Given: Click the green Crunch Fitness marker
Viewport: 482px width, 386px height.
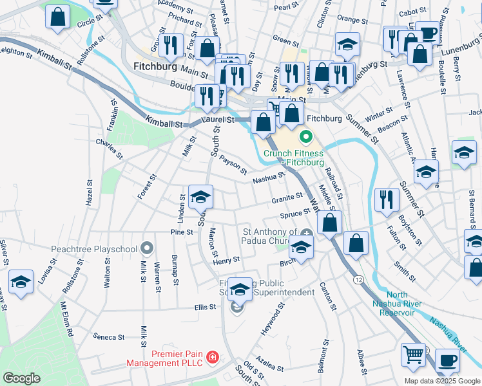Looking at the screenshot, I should click(305, 136).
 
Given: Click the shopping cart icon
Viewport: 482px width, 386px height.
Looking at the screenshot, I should click(413, 354).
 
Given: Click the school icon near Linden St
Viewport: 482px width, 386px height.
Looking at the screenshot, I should click(200, 196).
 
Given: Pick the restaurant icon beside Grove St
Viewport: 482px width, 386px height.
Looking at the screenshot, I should click(170, 45).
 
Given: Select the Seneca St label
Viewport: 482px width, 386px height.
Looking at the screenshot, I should click(108, 336).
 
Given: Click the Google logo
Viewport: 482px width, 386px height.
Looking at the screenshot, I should click(22, 378).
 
